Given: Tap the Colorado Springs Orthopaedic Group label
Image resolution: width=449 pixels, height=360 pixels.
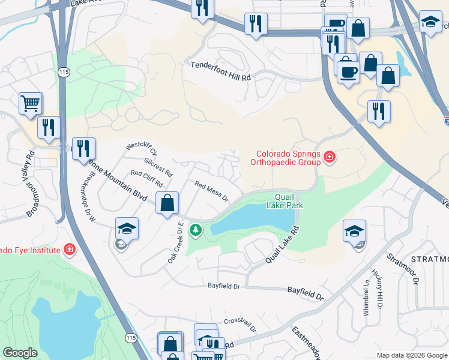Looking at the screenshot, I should point(286,157).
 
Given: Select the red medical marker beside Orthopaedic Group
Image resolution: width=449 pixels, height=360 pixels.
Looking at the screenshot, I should point(329,158).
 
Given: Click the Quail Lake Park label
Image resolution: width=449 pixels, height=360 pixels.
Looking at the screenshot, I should point(285,201).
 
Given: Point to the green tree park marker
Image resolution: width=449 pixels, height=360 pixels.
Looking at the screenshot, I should point(195,229).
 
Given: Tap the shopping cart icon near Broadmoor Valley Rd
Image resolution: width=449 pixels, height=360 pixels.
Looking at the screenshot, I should point(30,103).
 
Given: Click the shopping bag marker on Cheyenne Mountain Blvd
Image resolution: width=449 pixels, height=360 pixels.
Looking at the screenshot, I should point(167,202).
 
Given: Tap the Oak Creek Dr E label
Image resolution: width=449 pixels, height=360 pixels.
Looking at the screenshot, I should point(175,242).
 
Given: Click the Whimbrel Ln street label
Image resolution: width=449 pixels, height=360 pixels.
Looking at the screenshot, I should point(367,293).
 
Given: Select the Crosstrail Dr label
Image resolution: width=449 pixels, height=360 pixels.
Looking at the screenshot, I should point(240,325).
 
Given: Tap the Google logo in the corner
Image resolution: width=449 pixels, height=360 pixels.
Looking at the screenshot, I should point(20,353).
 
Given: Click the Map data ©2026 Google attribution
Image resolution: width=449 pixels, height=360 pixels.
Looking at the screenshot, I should point(412,355).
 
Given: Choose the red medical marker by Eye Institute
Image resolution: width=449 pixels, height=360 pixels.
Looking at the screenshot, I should point(70,249).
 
